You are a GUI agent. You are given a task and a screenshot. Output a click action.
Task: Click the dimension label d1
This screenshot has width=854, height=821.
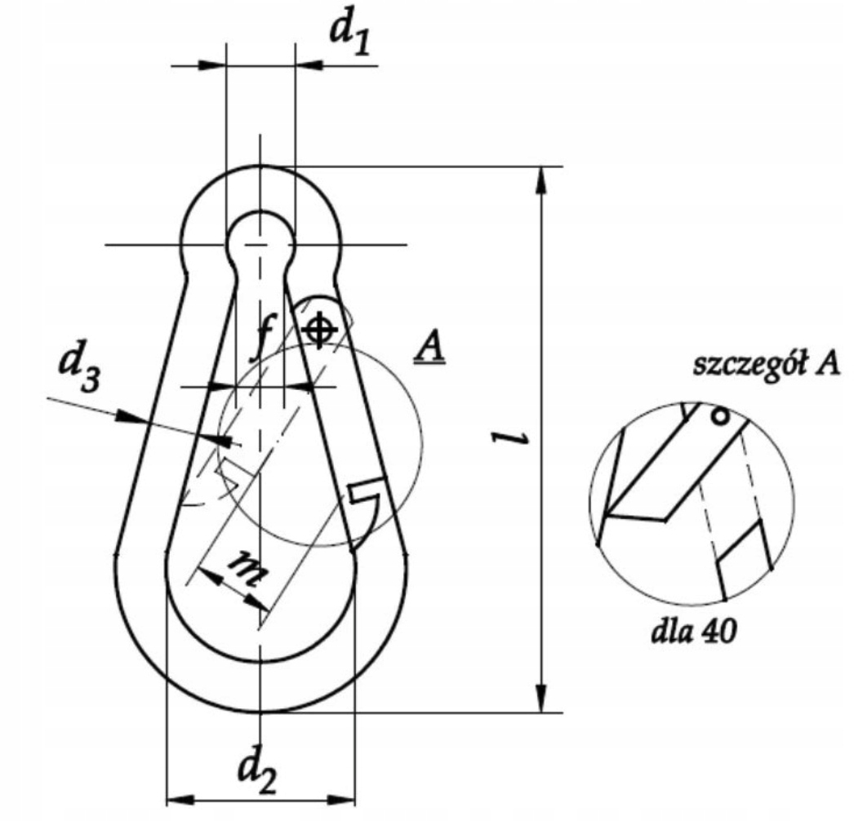point(350,36)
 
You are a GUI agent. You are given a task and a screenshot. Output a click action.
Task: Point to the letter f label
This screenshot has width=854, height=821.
point(265,338)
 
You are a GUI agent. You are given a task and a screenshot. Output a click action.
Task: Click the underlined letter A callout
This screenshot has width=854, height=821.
point(430,348)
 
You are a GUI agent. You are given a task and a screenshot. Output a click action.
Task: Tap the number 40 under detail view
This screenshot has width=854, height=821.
point(718,632)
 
